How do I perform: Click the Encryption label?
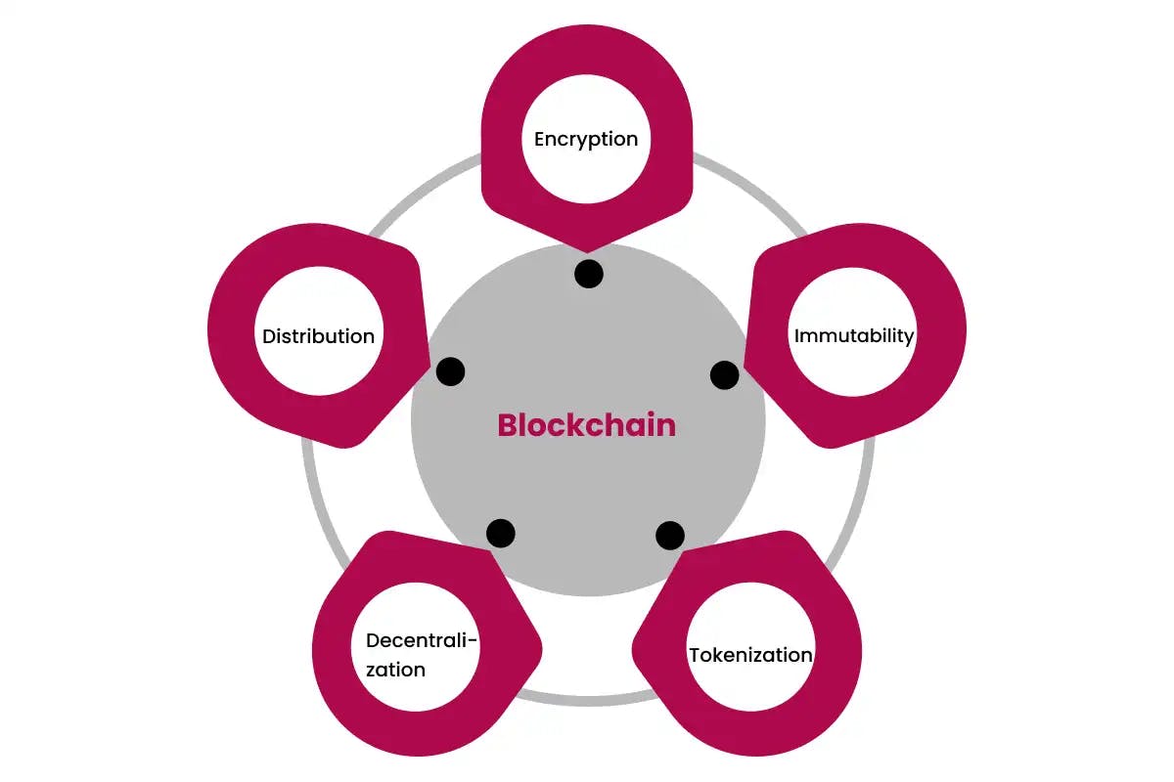586,140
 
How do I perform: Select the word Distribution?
318,336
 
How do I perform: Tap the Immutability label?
854,336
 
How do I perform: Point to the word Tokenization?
750,655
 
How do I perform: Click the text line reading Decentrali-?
422,640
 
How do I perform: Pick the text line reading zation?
395,670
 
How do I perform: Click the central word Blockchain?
586,425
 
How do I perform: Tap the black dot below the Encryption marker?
589,274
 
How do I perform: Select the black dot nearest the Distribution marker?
450,371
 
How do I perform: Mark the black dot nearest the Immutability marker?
725,375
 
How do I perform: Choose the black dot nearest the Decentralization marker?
501,533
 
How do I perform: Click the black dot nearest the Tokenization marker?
670,536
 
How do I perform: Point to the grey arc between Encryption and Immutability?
754,188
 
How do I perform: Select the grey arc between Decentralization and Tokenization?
587,701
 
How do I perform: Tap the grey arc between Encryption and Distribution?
420,188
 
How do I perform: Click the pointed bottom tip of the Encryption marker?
587,251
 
